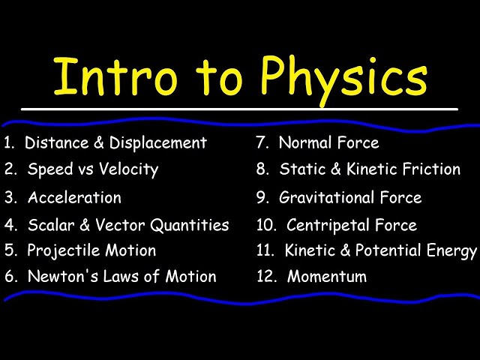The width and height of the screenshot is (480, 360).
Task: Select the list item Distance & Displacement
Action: [x=115, y=142]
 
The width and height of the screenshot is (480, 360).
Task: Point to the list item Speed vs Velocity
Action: [x=93, y=169]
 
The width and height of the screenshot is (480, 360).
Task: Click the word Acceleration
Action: [x=74, y=198]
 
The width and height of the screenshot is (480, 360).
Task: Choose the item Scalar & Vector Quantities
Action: [x=128, y=225]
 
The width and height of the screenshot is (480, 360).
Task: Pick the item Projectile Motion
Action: [x=91, y=251]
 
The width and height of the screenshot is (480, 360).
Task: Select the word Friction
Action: [x=425, y=169]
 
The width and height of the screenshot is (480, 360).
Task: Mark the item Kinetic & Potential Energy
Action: [x=381, y=251]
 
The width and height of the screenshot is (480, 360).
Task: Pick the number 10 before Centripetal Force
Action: [x=266, y=225]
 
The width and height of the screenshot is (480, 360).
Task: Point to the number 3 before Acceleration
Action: [x=10, y=198]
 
